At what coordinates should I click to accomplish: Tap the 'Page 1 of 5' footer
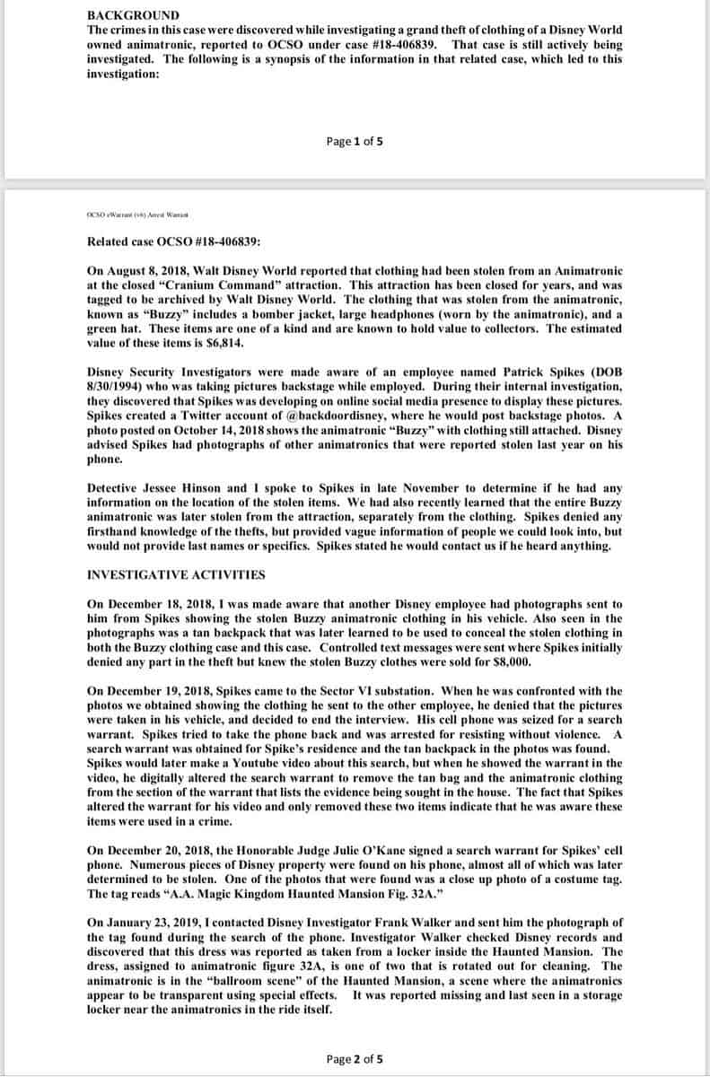click(x=356, y=141)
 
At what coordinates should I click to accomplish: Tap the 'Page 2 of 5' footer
click(x=356, y=1059)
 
